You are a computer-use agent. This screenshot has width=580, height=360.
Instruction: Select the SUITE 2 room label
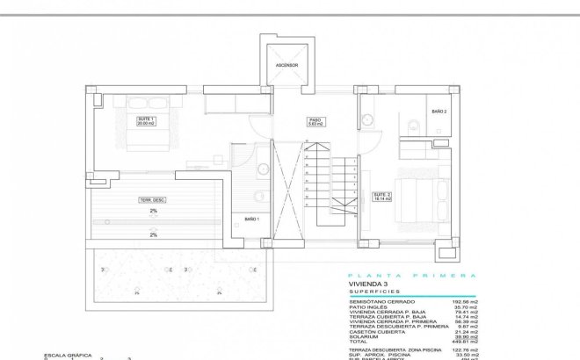pos(381,197)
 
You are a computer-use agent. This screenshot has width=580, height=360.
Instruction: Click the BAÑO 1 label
pos(250,218)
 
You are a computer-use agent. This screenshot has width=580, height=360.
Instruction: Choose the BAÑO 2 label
pos(439,112)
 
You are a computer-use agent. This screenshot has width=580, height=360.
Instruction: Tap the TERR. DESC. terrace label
pos(153,200)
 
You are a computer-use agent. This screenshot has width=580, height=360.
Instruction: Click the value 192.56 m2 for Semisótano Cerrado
pos(463,301)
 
